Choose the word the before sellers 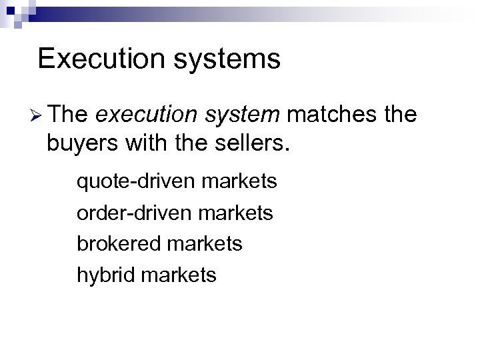pyautogui.click(x=189, y=143)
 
